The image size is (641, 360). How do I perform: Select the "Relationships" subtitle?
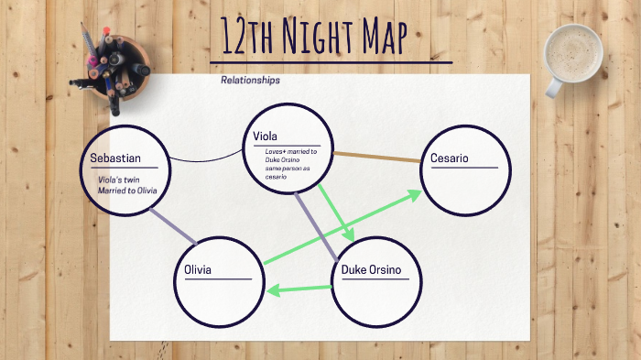[250, 81]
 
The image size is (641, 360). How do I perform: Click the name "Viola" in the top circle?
[266, 136]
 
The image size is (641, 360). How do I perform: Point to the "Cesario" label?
[449, 158]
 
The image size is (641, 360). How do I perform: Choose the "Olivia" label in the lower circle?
[198, 269]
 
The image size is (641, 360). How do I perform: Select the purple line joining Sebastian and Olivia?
[172, 225]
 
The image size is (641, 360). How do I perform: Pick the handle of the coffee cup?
[554, 87]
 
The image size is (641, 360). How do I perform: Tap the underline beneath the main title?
[331, 62]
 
